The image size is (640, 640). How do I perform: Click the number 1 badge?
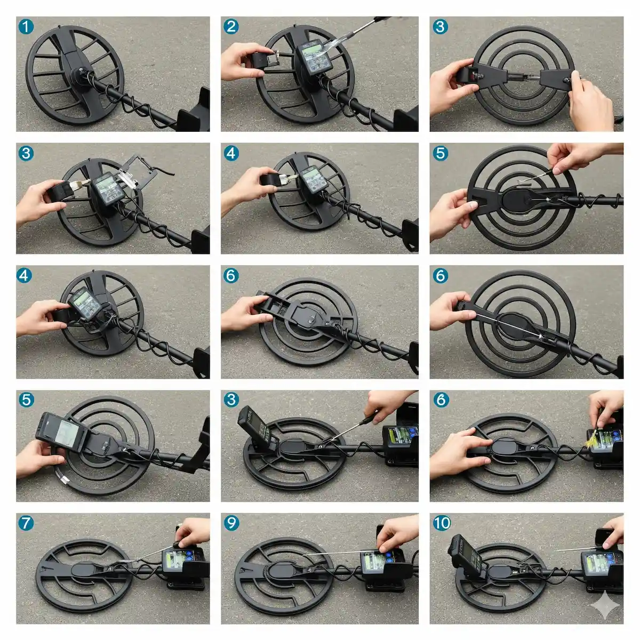tap(26, 27)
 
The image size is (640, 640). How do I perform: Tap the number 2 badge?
tap(231, 27)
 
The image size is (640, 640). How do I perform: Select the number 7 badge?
tap(26, 523)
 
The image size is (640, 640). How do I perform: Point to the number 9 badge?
tap(231, 523)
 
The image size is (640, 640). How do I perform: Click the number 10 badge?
tap(442, 523)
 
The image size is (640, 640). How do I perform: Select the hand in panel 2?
tap(243, 61)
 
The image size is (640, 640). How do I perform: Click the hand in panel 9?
tap(397, 532)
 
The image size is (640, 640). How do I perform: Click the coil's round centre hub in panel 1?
tap(81, 75)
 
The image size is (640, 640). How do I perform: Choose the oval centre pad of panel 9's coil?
tap(282, 571)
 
